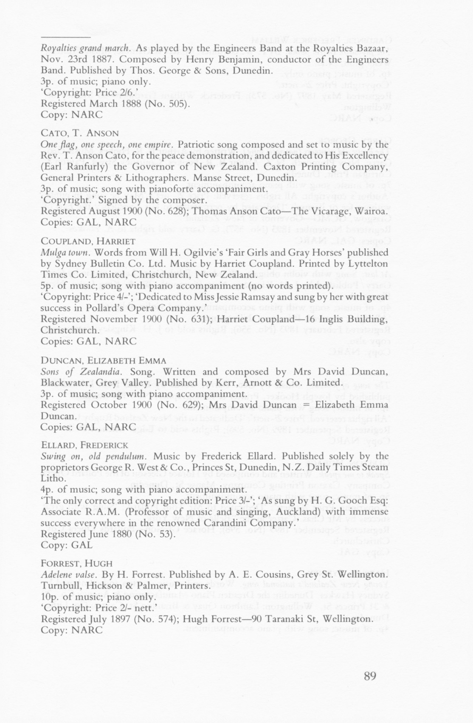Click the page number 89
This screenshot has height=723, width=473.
pos(370,676)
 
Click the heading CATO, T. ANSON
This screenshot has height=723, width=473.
pos(79,133)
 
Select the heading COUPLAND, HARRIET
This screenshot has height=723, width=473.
pos(88,241)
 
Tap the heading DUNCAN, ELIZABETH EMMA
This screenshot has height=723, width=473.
pos(103,360)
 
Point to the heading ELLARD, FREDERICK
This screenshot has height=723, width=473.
pos(84,445)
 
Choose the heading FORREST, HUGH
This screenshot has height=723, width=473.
pos(76,563)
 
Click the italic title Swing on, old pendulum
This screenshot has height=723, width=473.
pos(93,456)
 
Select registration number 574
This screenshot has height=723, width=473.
pos(168,619)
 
